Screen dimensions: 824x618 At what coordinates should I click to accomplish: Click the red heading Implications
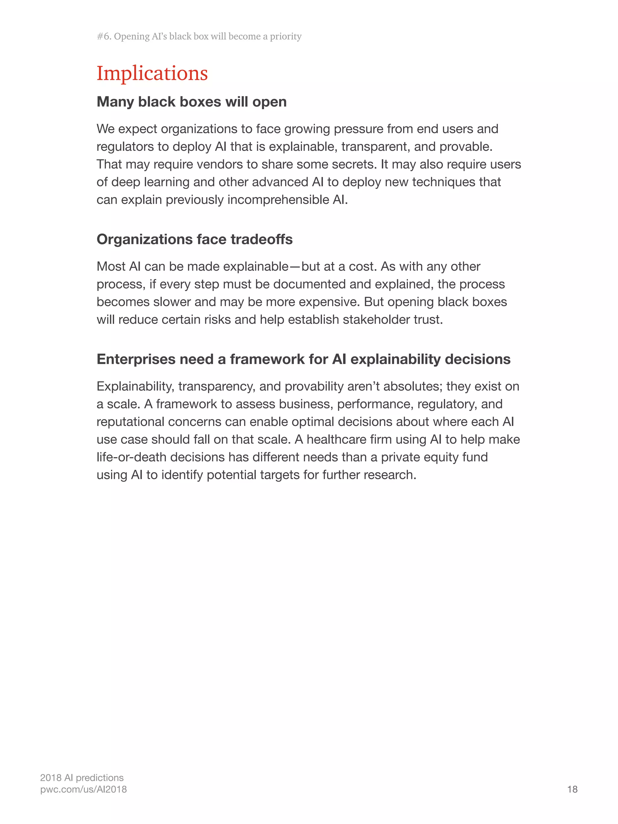(x=152, y=73)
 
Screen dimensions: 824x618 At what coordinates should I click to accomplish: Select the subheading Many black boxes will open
(x=192, y=102)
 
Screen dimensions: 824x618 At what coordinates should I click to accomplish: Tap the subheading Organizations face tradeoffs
(x=194, y=239)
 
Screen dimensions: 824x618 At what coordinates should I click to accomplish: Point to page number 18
(x=572, y=789)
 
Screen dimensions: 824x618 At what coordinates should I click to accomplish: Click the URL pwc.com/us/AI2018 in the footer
(x=84, y=789)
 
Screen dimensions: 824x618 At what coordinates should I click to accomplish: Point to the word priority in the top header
(x=286, y=37)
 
